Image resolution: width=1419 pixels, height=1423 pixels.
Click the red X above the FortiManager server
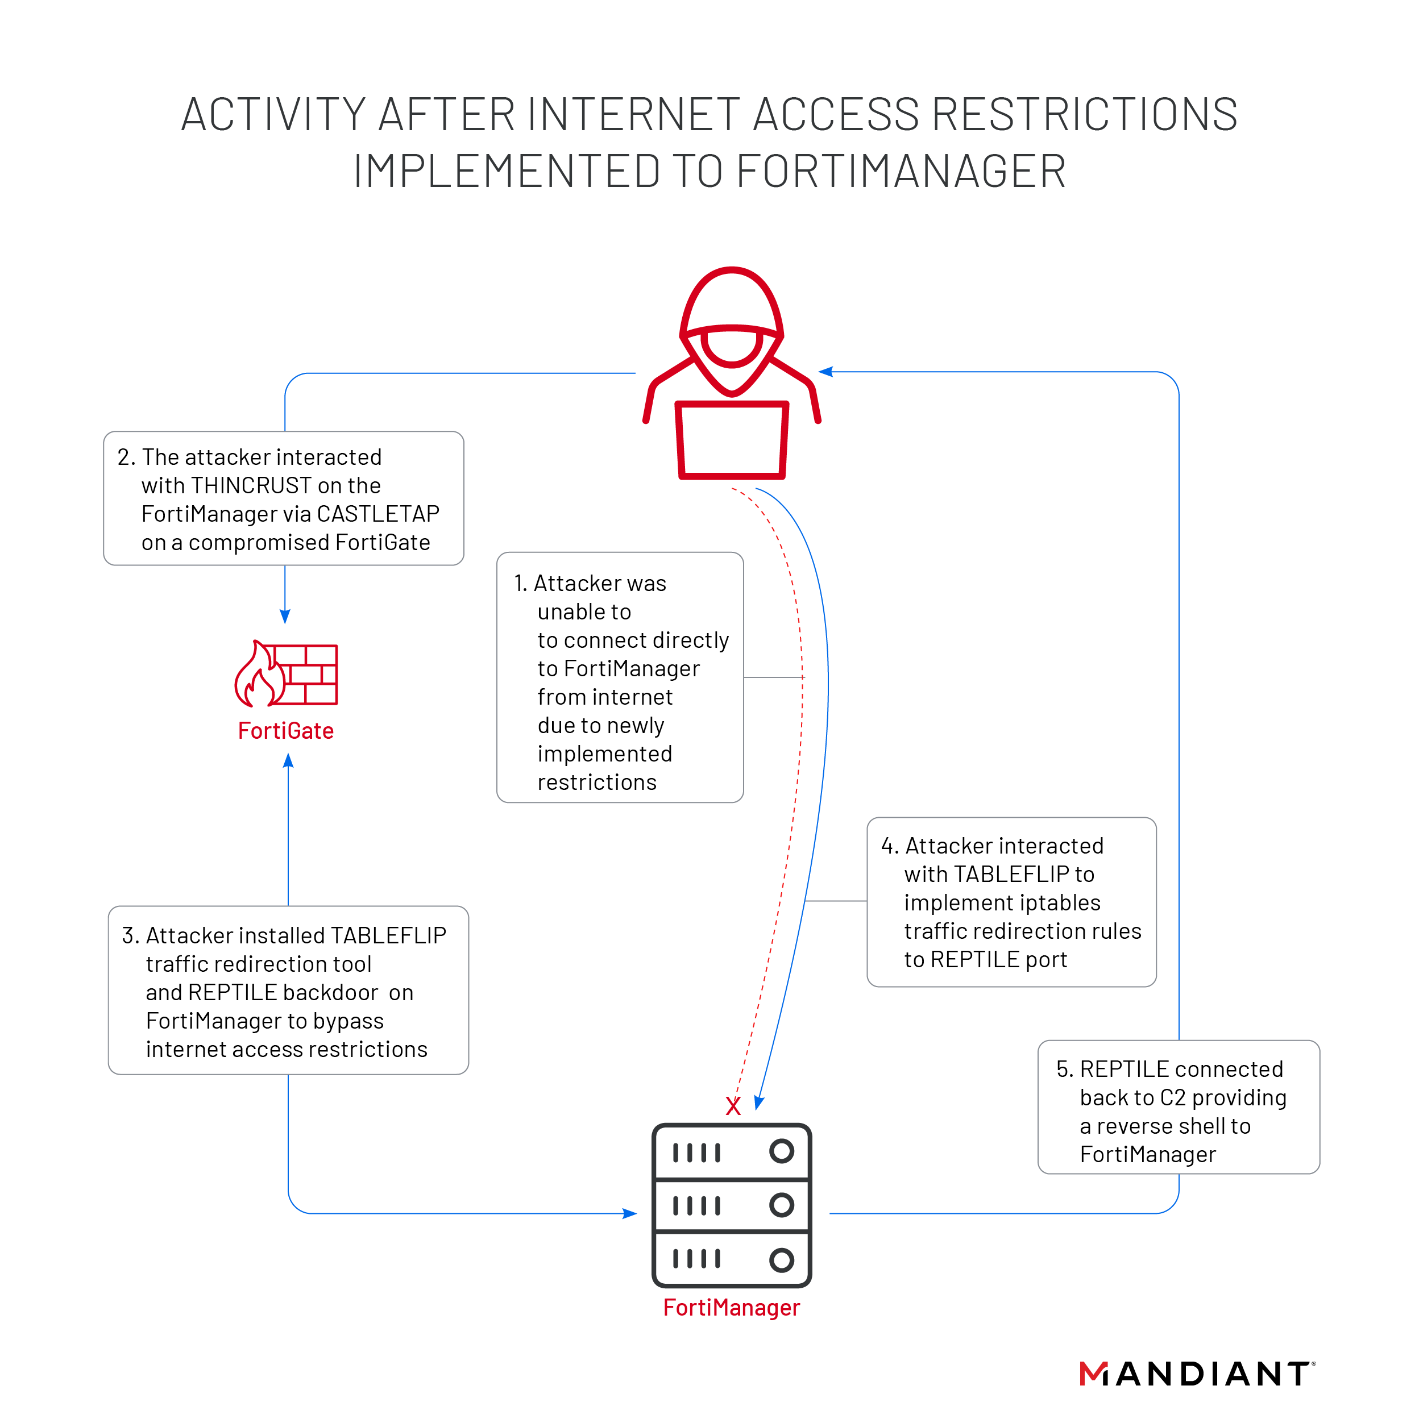[x=732, y=1105]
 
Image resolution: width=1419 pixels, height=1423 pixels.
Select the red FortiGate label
[x=286, y=731]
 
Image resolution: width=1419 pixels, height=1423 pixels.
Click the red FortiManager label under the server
[x=731, y=1308]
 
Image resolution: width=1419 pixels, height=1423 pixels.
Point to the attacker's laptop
[x=732, y=440]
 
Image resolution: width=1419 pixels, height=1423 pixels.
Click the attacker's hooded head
[x=732, y=324]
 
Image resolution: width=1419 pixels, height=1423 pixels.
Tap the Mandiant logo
[x=1197, y=1374]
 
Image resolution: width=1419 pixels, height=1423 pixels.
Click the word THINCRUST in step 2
[x=251, y=485]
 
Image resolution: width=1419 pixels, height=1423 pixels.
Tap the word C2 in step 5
[x=1172, y=1097]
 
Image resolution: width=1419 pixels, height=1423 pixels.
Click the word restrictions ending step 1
[x=597, y=782]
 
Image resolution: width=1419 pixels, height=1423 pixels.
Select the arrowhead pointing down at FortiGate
[x=285, y=617]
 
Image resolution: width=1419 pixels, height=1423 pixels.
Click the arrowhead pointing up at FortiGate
[x=288, y=761]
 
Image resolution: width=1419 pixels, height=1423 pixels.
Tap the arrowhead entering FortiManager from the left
[x=630, y=1213]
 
